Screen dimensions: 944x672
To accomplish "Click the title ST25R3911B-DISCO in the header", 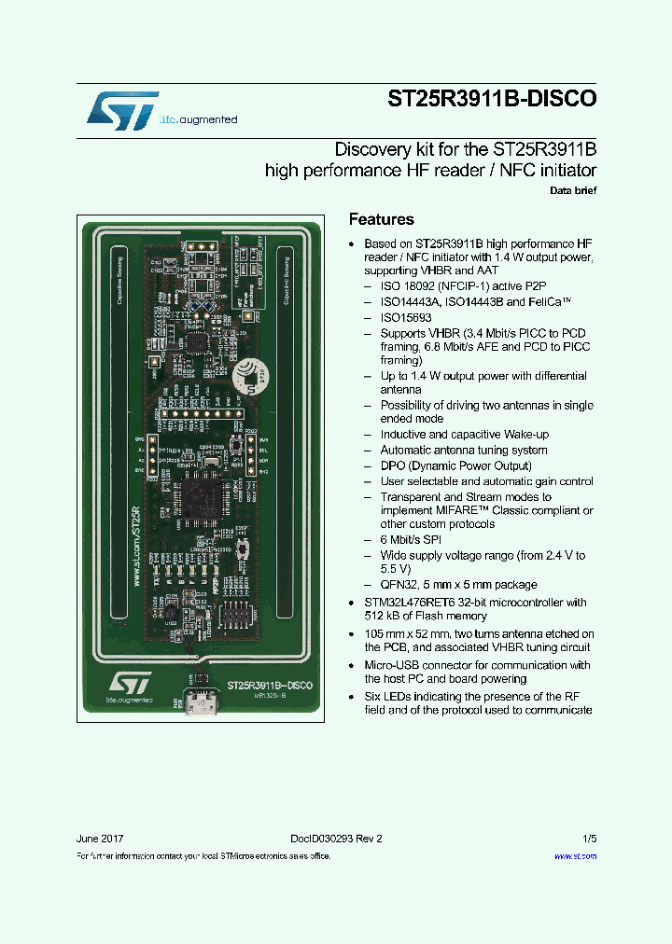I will pyautogui.click(x=492, y=100).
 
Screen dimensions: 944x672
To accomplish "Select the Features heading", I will pyautogui.click(x=381, y=220).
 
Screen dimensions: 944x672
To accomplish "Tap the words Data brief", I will pyautogui.click(x=573, y=190).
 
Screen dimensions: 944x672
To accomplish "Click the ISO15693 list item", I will pyautogui.click(x=405, y=317).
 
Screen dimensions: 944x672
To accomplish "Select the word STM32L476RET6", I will pyautogui.click(x=410, y=602).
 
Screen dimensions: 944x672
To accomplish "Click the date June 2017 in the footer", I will pyautogui.click(x=100, y=839).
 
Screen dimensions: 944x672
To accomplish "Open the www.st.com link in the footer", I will pyautogui.click(x=575, y=855).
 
